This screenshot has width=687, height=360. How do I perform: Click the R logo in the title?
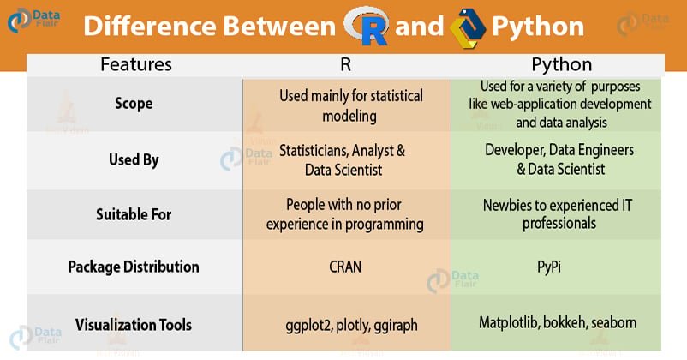coord(367,26)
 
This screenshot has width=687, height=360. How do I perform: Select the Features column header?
coord(135,64)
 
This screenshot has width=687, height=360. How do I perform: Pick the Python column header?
coord(560,64)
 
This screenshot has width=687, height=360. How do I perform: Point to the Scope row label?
coord(134,104)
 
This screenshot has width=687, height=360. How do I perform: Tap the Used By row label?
coord(134,159)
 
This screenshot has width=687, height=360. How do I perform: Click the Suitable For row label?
coord(134,214)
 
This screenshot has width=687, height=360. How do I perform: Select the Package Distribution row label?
coord(134,267)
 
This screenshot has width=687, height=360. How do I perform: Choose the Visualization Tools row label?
coord(134,325)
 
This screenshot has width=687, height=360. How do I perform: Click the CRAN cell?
coord(345,267)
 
